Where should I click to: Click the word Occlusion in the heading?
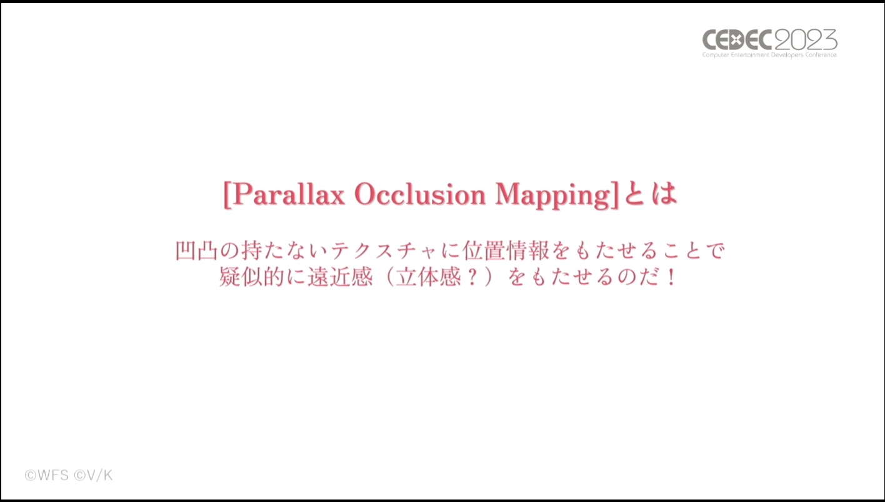click(420, 194)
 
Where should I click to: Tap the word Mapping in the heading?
click(552, 195)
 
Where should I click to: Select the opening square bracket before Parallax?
click(227, 195)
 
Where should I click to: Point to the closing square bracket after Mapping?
click(615, 195)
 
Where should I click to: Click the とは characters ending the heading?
click(651, 194)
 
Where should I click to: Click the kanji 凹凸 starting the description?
click(196, 250)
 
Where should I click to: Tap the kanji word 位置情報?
click(506, 250)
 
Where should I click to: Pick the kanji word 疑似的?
click(252, 277)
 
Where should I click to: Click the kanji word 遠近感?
click(340, 277)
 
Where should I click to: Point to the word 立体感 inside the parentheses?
click(429, 277)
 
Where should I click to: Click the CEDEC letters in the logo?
click(737, 40)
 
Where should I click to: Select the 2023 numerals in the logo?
click(806, 39)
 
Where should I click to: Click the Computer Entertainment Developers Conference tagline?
click(769, 55)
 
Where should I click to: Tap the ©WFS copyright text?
click(47, 475)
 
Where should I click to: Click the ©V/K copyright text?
click(93, 475)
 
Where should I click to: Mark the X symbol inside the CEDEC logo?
click(735, 40)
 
